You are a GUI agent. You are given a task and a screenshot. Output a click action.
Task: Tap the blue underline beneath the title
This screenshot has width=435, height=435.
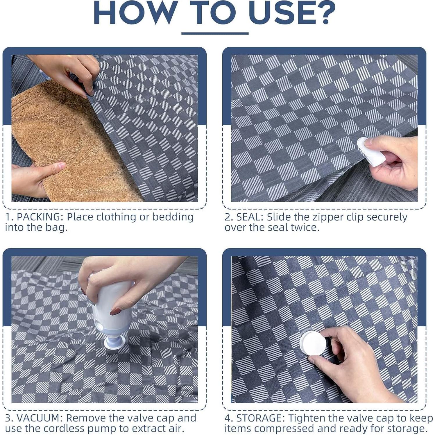click(215, 33)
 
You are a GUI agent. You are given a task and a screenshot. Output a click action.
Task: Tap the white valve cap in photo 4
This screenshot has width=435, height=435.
click(313, 343)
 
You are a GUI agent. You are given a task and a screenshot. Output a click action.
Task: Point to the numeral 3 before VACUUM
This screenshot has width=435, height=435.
click(8, 418)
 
